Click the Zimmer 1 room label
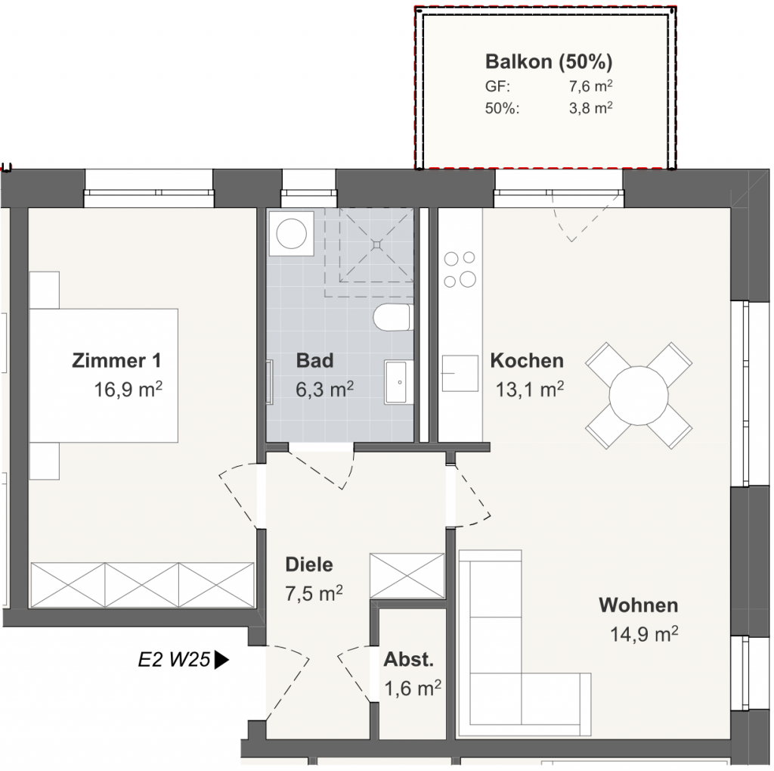click(x=116, y=360)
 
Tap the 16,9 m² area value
click(x=128, y=389)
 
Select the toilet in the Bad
click(x=393, y=317)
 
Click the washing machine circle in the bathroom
click(x=291, y=234)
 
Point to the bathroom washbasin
click(x=399, y=381)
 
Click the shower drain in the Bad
click(x=377, y=244)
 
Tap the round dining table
click(x=639, y=396)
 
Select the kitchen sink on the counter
click(x=460, y=373)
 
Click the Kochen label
click(x=527, y=360)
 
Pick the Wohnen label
click(x=638, y=605)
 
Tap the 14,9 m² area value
click(x=644, y=633)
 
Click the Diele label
click(x=309, y=564)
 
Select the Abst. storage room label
click(x=409, y=659)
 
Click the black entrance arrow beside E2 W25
click(x=221, y=660)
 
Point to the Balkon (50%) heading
click(x=549, y=61)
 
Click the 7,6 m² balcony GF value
click(x=591, y=86)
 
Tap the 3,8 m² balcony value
click(x=591, y=107)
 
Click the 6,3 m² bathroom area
click(x=325, y=389)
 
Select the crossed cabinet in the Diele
click(x=407, y=576)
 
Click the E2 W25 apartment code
click(x=175, y=660)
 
